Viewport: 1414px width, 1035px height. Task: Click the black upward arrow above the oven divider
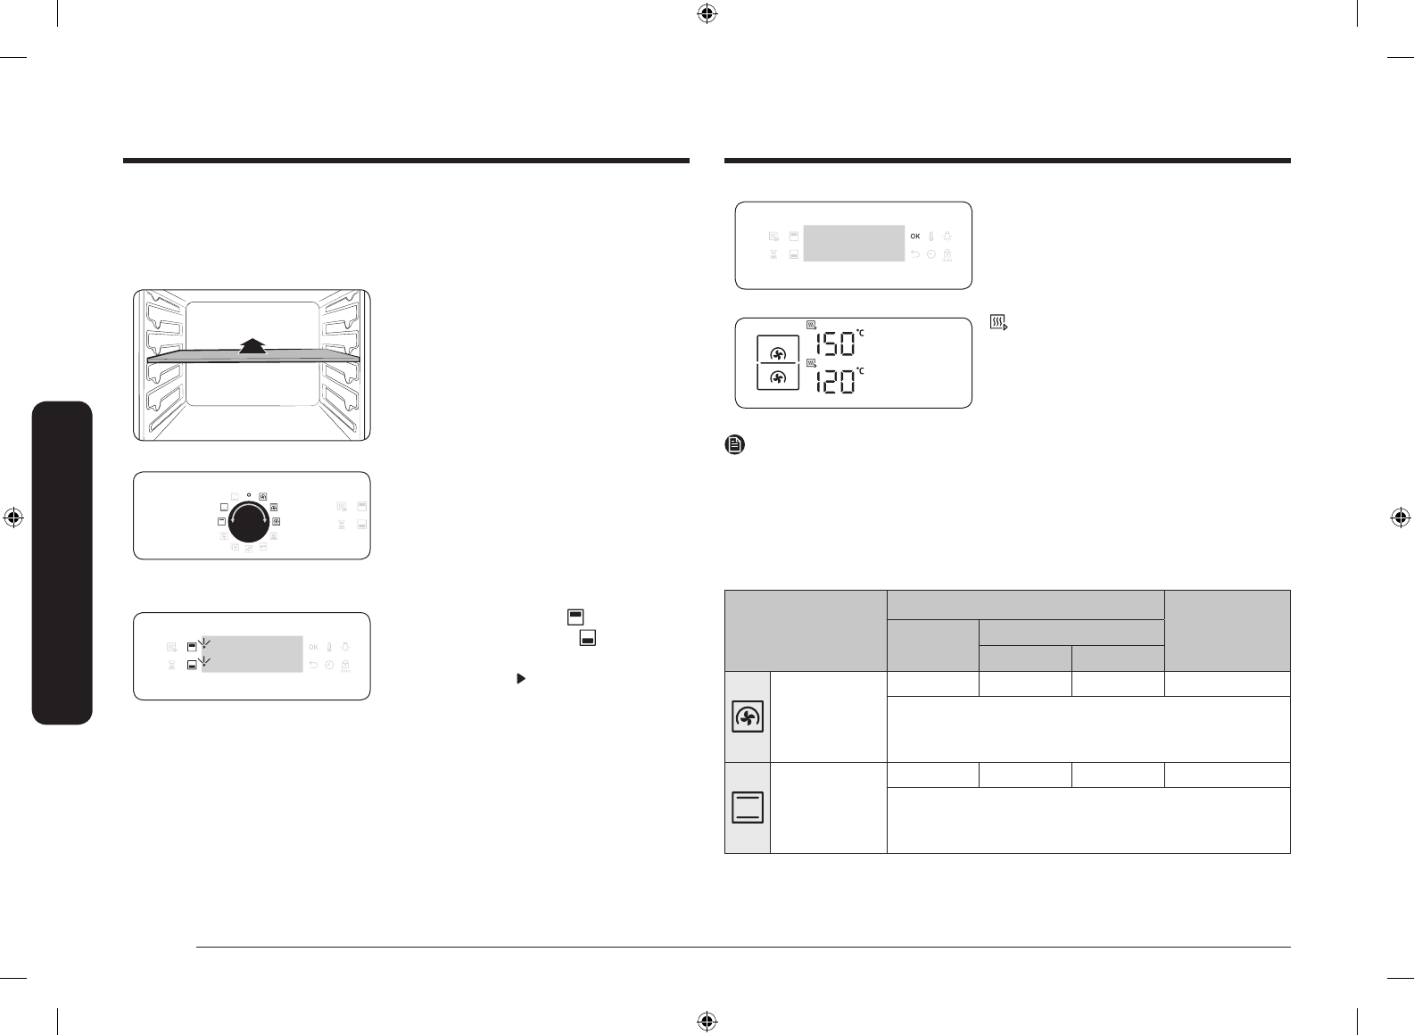click(x=252, y=346)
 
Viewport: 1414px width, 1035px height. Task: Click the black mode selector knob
click(x=249, y=521)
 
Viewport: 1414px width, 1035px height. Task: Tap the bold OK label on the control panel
click(x=914, y=236)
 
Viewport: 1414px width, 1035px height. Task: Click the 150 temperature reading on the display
click(x=835, y=344)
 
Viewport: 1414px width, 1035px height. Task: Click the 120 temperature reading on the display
click(x=835, y=382)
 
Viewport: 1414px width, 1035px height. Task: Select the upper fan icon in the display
click(x=778, y=353)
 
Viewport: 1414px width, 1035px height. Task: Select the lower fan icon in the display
click(x=778, y=377)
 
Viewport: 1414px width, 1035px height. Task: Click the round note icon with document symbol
click(x=735, y=444)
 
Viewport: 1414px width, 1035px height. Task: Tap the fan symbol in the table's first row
click(x=748, y=716)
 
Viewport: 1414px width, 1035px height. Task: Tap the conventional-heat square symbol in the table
click(x=748, y=807)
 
